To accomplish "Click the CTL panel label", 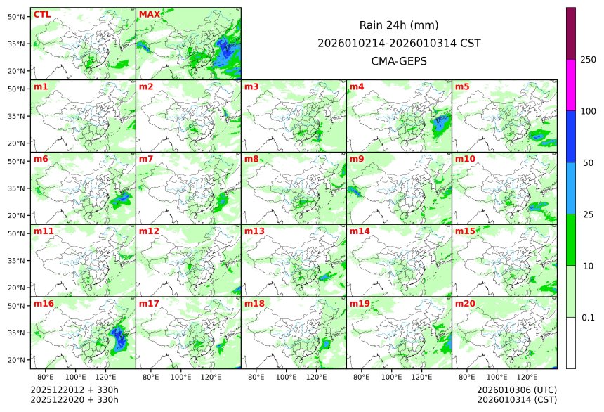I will tap(41, 15).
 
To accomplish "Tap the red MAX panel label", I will tap(150, 15).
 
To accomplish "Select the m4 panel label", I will tap(357, 87).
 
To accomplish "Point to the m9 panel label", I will tap(357, 159).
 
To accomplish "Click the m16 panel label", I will tap(44, 304).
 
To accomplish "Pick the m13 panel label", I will tap(254, 231).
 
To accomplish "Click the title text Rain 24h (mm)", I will tap(399, 25).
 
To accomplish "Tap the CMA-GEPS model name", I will tap(399, 60).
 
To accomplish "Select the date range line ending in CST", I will tap(399, 43).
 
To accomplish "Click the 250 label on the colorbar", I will tap(588, 60).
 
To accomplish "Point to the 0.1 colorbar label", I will tap(588, 318).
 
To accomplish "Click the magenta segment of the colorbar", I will tap(571, 84).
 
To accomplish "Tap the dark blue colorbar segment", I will tap(571, 136).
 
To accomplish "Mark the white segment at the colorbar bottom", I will tap(571, 343).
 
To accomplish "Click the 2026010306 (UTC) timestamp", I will tap(517, 390).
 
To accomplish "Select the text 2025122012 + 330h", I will tap(74, 390).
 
